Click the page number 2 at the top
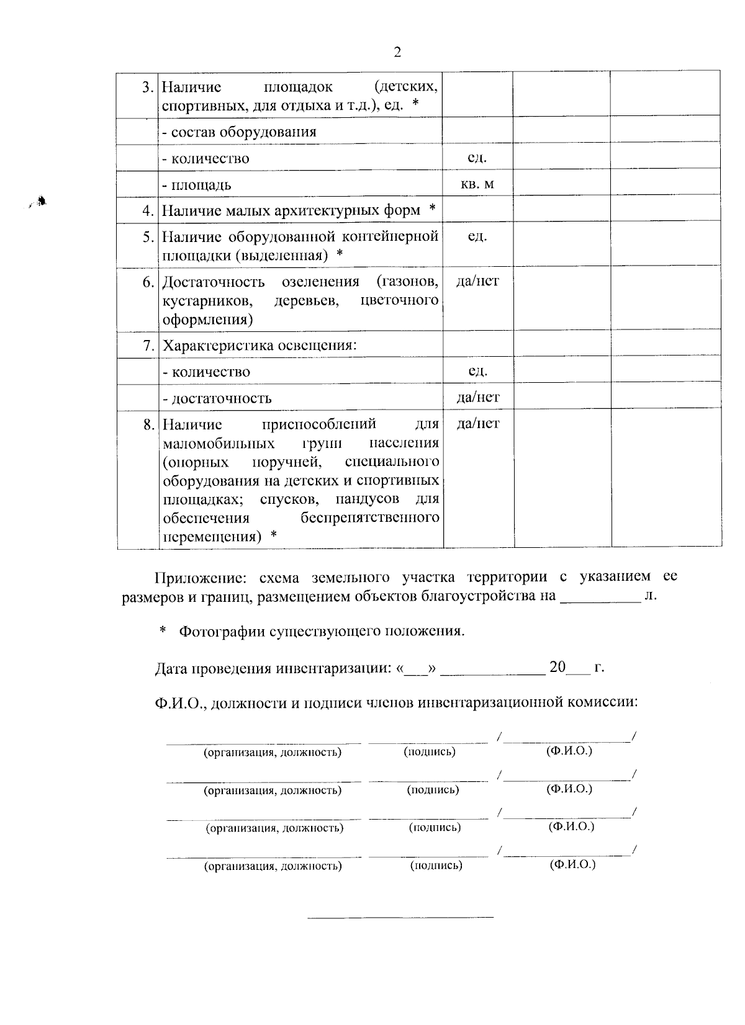point(397,52)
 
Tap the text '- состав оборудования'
point(239,132)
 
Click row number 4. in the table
point(148,211)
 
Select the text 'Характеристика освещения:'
point(260,346)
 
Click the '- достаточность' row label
point(217,398)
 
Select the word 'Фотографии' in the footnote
point(221,632)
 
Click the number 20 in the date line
point(558,668)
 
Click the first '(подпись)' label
point(430,752)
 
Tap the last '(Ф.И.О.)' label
point(572,864)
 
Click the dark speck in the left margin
point(41,200)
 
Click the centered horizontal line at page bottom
point(401,916)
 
